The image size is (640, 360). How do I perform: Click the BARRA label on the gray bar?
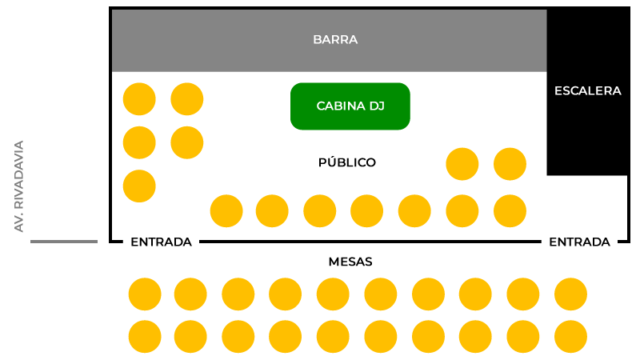pos(335,39)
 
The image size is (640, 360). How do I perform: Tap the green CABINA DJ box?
pos(350,106)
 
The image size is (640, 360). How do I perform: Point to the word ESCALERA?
pos(587,91)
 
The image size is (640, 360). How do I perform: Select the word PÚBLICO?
pos(347,162)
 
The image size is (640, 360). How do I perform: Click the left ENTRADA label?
pos(161,242)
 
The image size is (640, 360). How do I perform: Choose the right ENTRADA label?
pos(579,242)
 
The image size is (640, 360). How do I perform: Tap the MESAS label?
pos(350,262)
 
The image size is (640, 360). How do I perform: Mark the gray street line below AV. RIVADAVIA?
pos(64,241)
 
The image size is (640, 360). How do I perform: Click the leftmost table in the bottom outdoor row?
pos(145,337)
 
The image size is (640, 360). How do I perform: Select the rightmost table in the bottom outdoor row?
pos(570,337)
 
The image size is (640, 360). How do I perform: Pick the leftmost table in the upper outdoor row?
pos(145,294)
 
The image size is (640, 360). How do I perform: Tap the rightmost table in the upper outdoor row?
pos(570,294)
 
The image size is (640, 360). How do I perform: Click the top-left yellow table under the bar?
pos(139,99)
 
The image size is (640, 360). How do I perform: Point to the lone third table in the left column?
pos(139,186)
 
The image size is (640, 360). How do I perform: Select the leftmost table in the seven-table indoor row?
pos(226,211)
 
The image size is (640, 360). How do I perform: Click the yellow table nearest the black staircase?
pos(510,164)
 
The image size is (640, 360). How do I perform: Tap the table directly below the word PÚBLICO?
pos(366,211)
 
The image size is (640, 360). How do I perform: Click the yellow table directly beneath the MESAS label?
pos(333,294)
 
